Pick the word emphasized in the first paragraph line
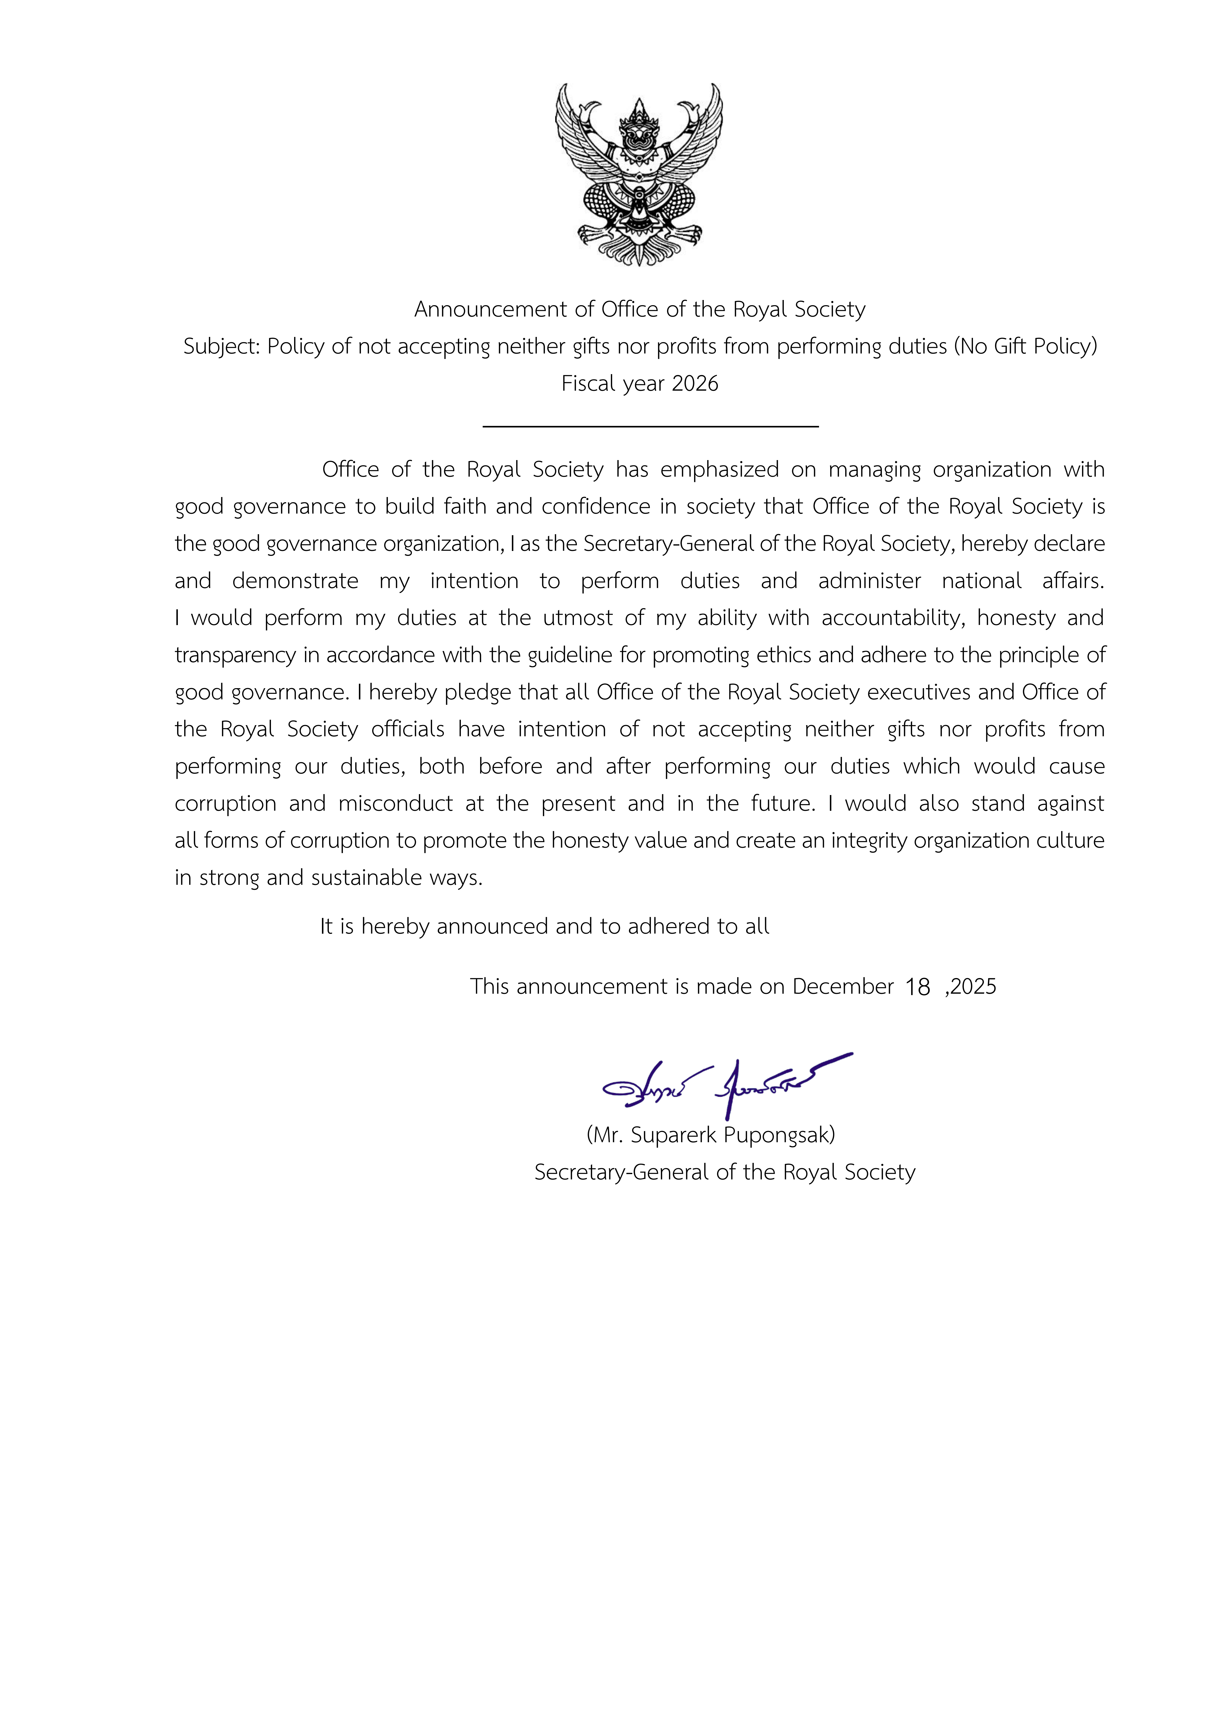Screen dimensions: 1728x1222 point(719,470)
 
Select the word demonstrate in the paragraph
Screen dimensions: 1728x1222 point(295,581)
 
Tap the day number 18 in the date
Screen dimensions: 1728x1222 point(917,987)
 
